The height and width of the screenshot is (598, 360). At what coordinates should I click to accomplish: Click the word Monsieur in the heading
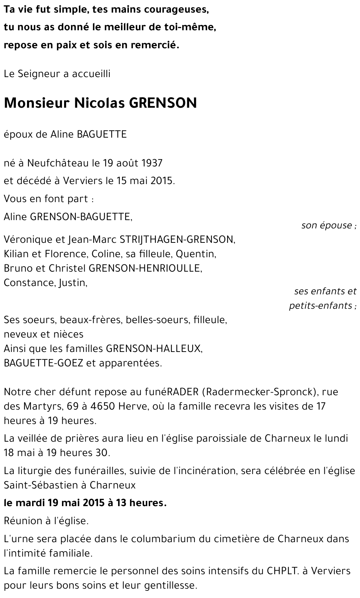tap(36, 103)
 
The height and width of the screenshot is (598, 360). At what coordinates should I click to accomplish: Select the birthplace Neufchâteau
tap(58, 163)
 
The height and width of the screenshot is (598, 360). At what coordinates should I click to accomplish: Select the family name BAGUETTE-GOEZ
tap(44, 363)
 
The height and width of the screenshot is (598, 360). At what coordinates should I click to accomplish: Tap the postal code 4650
tap(103, 406)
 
